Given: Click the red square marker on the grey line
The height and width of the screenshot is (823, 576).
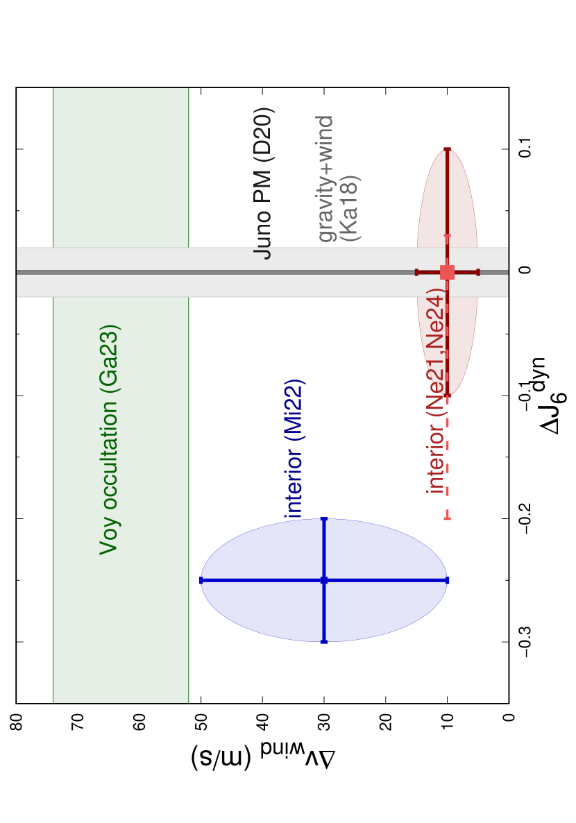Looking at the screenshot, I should pyautogui.click(x=447, y=272).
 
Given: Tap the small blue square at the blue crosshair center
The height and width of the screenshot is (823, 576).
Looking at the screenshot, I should pyautogui.click(x=324, y=580).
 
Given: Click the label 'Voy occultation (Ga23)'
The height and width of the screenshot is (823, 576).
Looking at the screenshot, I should pyautogui.click(x=110, y=439).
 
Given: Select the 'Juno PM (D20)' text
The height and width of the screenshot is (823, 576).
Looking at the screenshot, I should pyautogui.click(x=264, y=183).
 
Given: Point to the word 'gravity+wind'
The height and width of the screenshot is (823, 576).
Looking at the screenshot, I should pyautogui.click(x=325, y=179).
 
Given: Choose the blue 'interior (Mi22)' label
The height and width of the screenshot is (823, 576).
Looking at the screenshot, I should pyautogui.click(x=295, y=448).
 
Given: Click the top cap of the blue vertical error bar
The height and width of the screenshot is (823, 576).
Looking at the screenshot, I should pyautogui.click(x=324, y=519).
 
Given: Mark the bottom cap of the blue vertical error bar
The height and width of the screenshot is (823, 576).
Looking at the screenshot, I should pyautogui.click(x=324, y=641).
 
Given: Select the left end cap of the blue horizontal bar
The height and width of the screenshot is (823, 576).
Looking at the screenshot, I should pyautogui.click(x=202, y=580).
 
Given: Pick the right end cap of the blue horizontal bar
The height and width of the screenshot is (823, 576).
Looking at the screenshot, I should pyautogui.click(x=446, y=580).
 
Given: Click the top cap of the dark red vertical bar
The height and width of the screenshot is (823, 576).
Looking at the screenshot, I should pyautogui.click(x=448, y=149).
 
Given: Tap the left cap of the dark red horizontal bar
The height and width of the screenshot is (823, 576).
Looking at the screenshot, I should pyautogui.click(x=416, y=272).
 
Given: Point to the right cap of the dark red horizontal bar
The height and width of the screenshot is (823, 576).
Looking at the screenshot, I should pyautogui.click(x=478, y=272).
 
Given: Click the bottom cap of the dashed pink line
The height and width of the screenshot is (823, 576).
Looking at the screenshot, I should pyautogui.click(x=448, y=518).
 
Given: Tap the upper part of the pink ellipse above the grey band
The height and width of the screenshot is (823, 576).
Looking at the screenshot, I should pyautogui.click(x=434, y=208).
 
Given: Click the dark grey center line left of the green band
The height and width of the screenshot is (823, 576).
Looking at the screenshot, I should pyautogui.click(x=35, y=272).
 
